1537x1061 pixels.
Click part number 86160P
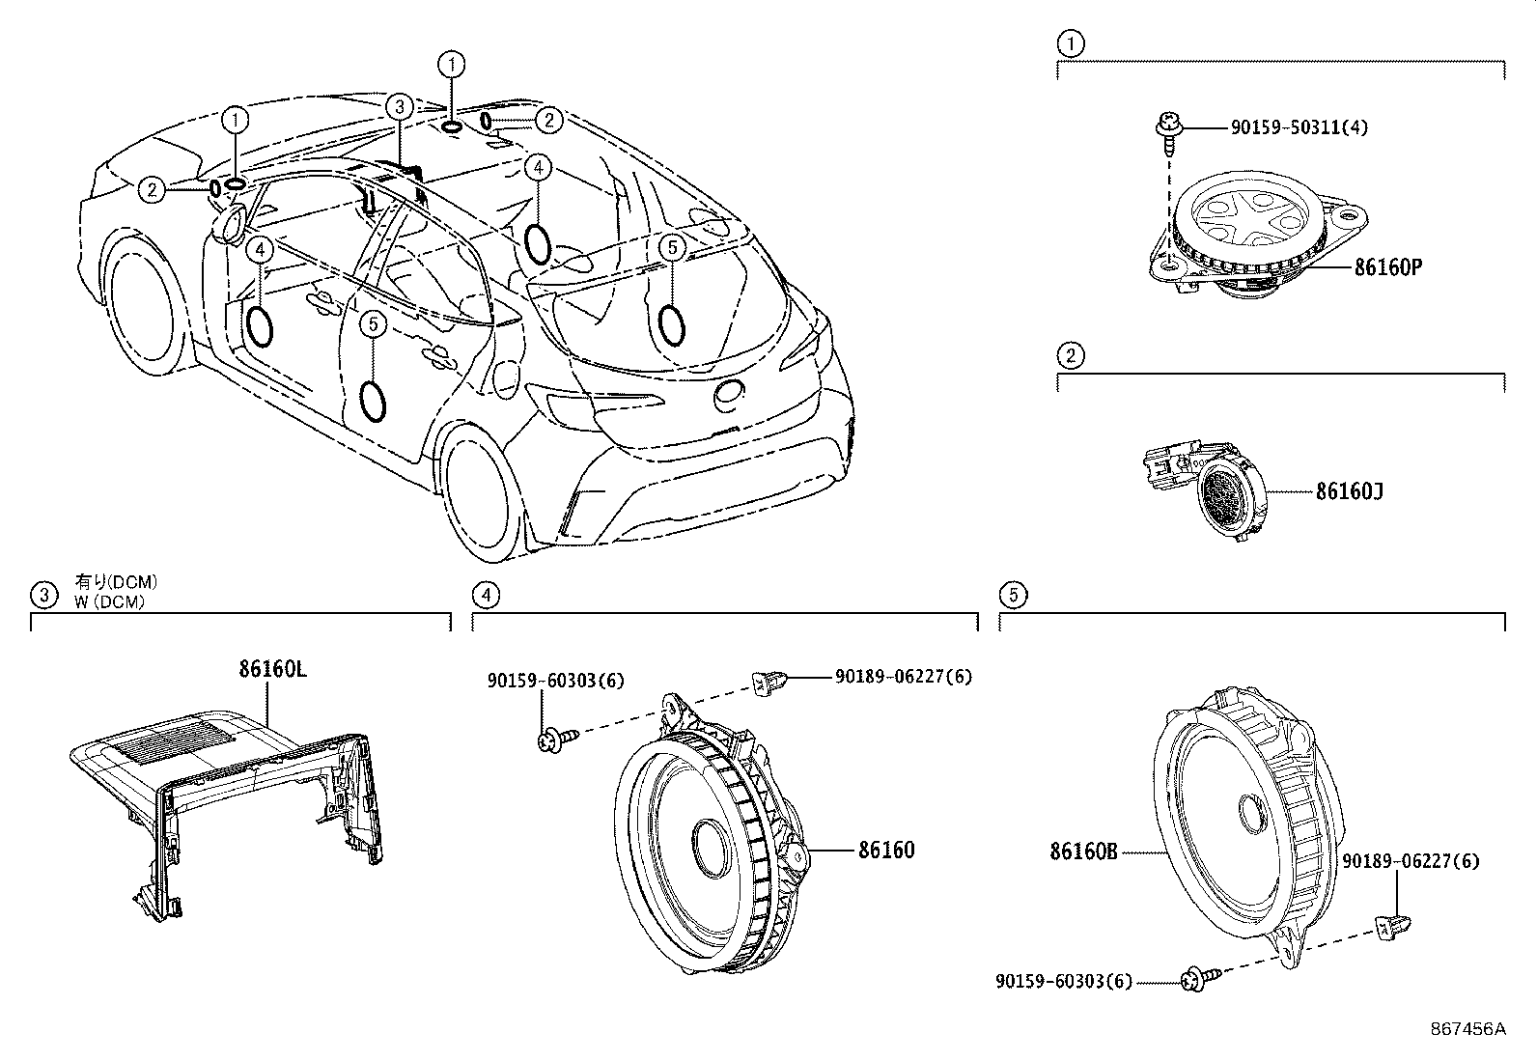coord(1387,267)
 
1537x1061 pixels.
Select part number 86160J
coord(1349,491)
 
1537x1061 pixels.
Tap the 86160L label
coord(273,669)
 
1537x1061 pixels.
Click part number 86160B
coord(1083,852)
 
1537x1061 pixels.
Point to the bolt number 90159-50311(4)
coord(1299,127)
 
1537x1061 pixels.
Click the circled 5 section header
coord(1011,595)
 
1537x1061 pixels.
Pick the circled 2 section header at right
coord(1070,356)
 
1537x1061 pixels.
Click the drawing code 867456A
coord(1467,1029)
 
